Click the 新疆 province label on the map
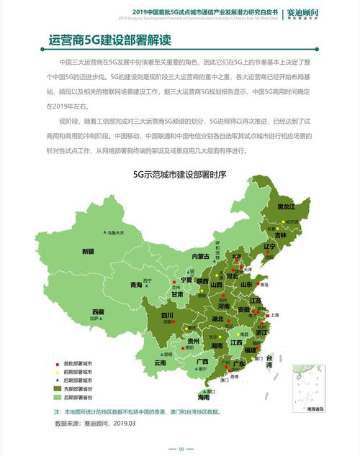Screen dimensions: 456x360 [88, 252]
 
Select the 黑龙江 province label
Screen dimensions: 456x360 [287, 206]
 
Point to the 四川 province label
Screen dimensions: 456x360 [167, 315]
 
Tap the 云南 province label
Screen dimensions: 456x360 [160, 363]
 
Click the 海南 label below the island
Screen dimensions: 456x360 [204, 397]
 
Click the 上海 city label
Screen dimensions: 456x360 [275, 315]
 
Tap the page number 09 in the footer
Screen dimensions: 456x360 [181, 448]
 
